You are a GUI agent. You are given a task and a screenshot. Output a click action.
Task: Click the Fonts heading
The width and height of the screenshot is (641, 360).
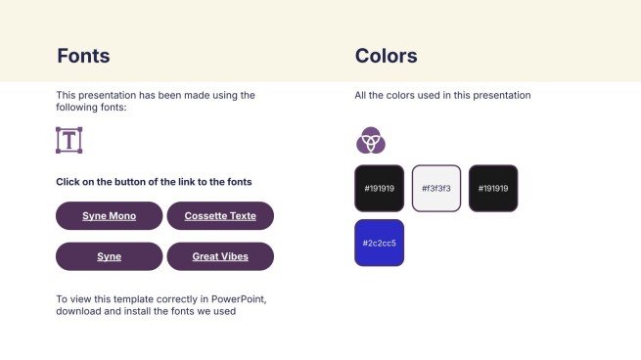[x=83, y=56]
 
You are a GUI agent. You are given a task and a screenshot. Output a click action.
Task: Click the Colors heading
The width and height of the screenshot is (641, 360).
[x=386, y=56]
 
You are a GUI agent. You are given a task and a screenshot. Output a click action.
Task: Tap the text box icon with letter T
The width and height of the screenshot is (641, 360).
[x=69, y=140]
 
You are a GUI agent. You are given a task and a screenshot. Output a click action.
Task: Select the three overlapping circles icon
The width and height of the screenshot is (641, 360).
[x=370, y=142]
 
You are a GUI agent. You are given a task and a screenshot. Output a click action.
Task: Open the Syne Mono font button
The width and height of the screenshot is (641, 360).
[x=109, y=215]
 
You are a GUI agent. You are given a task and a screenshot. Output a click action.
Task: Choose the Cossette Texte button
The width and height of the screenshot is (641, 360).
[x=220, y=215]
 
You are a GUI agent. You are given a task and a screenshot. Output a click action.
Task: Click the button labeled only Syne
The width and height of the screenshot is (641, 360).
[x=109, y=256]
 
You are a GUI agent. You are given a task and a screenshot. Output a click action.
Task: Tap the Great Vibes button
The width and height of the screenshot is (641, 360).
[x=220, y=256]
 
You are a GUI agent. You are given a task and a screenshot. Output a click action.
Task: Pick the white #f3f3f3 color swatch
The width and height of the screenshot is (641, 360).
[x=435, y=188]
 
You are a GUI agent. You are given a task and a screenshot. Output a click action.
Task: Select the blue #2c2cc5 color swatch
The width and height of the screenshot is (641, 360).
[x=379, y=243]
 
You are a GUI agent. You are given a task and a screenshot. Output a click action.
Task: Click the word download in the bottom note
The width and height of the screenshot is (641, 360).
[x=79, y=312]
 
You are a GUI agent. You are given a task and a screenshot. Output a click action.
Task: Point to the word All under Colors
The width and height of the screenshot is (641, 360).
[x=362, y=96]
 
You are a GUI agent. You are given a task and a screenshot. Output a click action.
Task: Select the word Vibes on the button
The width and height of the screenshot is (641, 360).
[x=233, y=256]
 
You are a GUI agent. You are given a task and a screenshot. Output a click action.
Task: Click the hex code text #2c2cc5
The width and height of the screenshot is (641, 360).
[x=379, y=243]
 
